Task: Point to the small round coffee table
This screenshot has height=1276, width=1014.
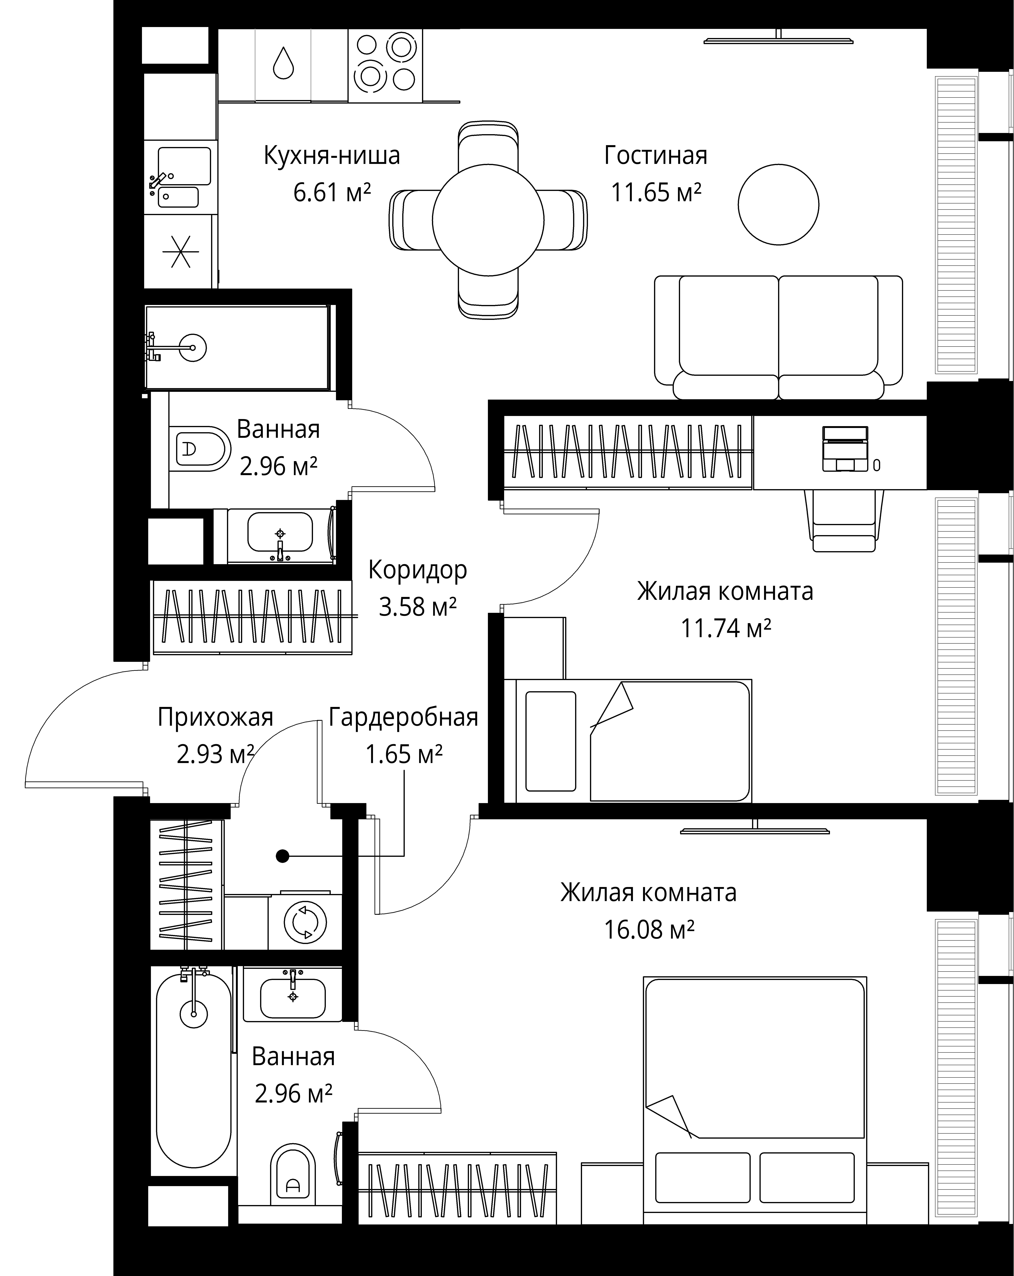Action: coord(778,204)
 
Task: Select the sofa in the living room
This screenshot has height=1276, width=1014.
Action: coord(778,337)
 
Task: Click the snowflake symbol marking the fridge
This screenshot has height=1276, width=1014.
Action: coord(181,251)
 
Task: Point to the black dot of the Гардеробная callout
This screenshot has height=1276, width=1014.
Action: coord(283,856)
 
